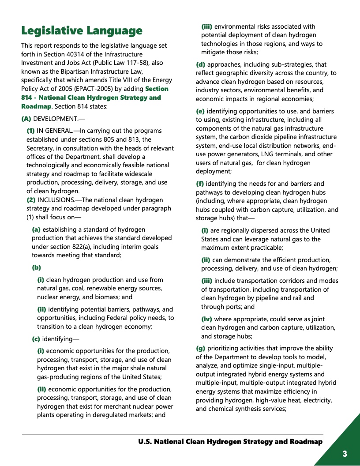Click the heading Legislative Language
[82, 30]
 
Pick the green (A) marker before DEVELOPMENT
[26, 119]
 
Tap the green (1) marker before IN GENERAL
[31, 131]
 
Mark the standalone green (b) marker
[36, 267]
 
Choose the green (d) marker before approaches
[200, 64]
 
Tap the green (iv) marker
[206, 319]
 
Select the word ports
[234, 307]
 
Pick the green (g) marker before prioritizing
[200, 348]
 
